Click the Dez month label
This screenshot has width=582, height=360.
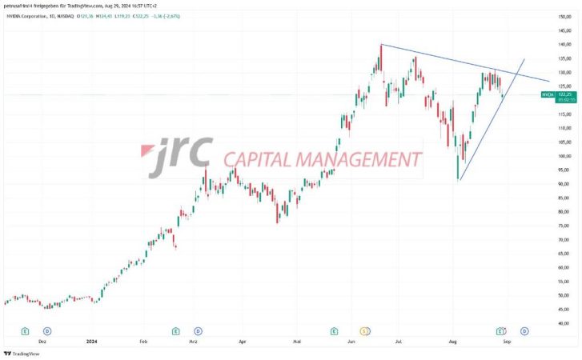[x=43, y=340]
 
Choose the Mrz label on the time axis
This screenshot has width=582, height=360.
[x=192, y=340]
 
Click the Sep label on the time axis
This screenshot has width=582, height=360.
[x=507, y=340]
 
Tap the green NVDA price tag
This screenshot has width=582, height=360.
[x=548, y=94]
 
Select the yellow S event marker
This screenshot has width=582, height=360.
[x=364, y=330]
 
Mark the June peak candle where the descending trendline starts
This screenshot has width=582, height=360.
[x=381, y=46]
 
